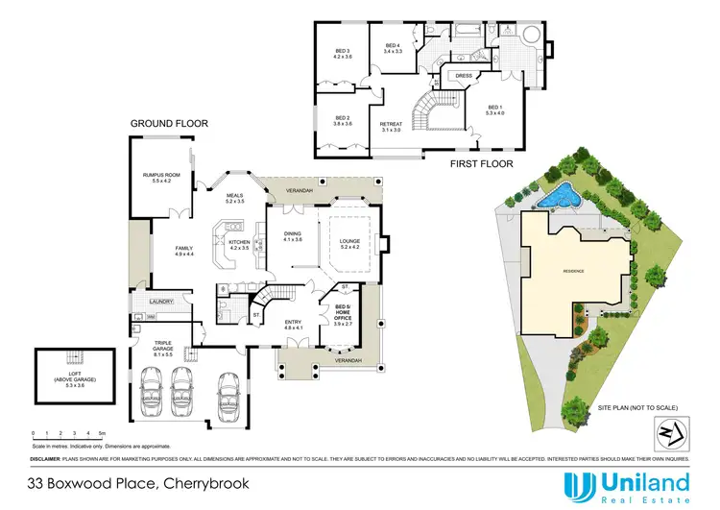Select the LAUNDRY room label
160,302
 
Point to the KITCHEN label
238,244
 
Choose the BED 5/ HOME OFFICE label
342,313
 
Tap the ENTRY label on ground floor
293,324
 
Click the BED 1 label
494,109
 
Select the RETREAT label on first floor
391,125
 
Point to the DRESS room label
462,75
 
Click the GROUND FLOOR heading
170,124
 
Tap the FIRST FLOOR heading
481,164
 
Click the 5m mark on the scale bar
102,434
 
